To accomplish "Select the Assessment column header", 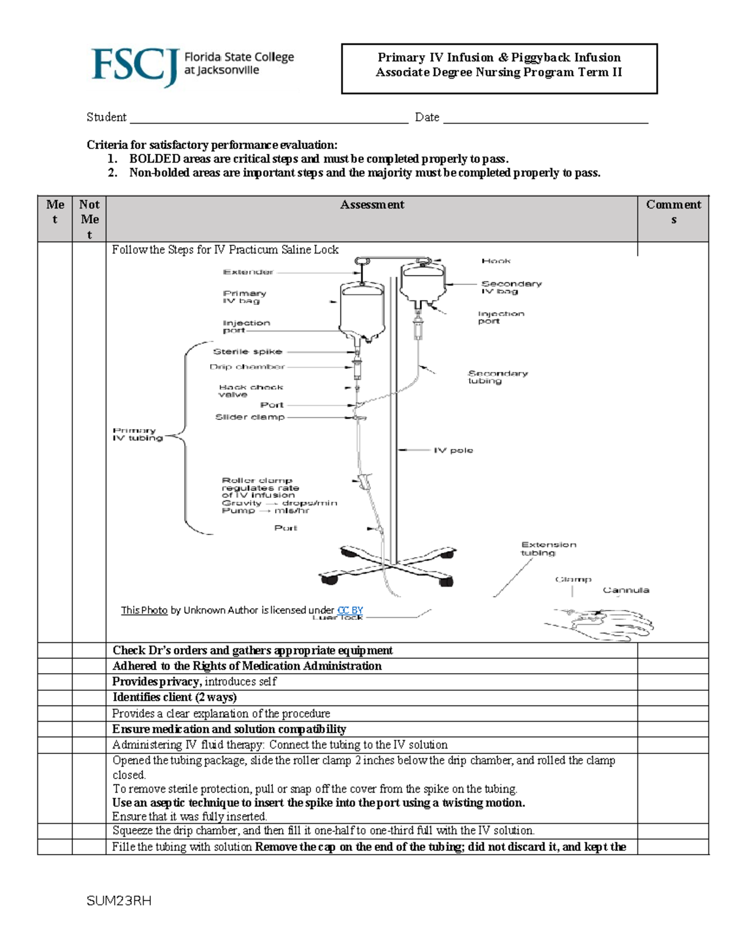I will click(372, 205).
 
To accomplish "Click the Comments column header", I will click(673, 211).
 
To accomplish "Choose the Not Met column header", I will click(89, 219).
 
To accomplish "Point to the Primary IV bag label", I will click(244, 297).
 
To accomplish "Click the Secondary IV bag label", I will click(511, 287).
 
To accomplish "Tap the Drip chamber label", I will click(247, 367).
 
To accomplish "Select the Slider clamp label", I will click(250, 417).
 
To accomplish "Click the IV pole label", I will click(453, 450).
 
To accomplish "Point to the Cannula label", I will click(626, 590).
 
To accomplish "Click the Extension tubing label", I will click(548, 548).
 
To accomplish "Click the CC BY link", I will click(350, 610).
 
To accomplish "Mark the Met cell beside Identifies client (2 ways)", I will click(55, 698).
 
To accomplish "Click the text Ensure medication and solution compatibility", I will click(229, 729).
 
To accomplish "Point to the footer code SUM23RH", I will click(119, 901).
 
